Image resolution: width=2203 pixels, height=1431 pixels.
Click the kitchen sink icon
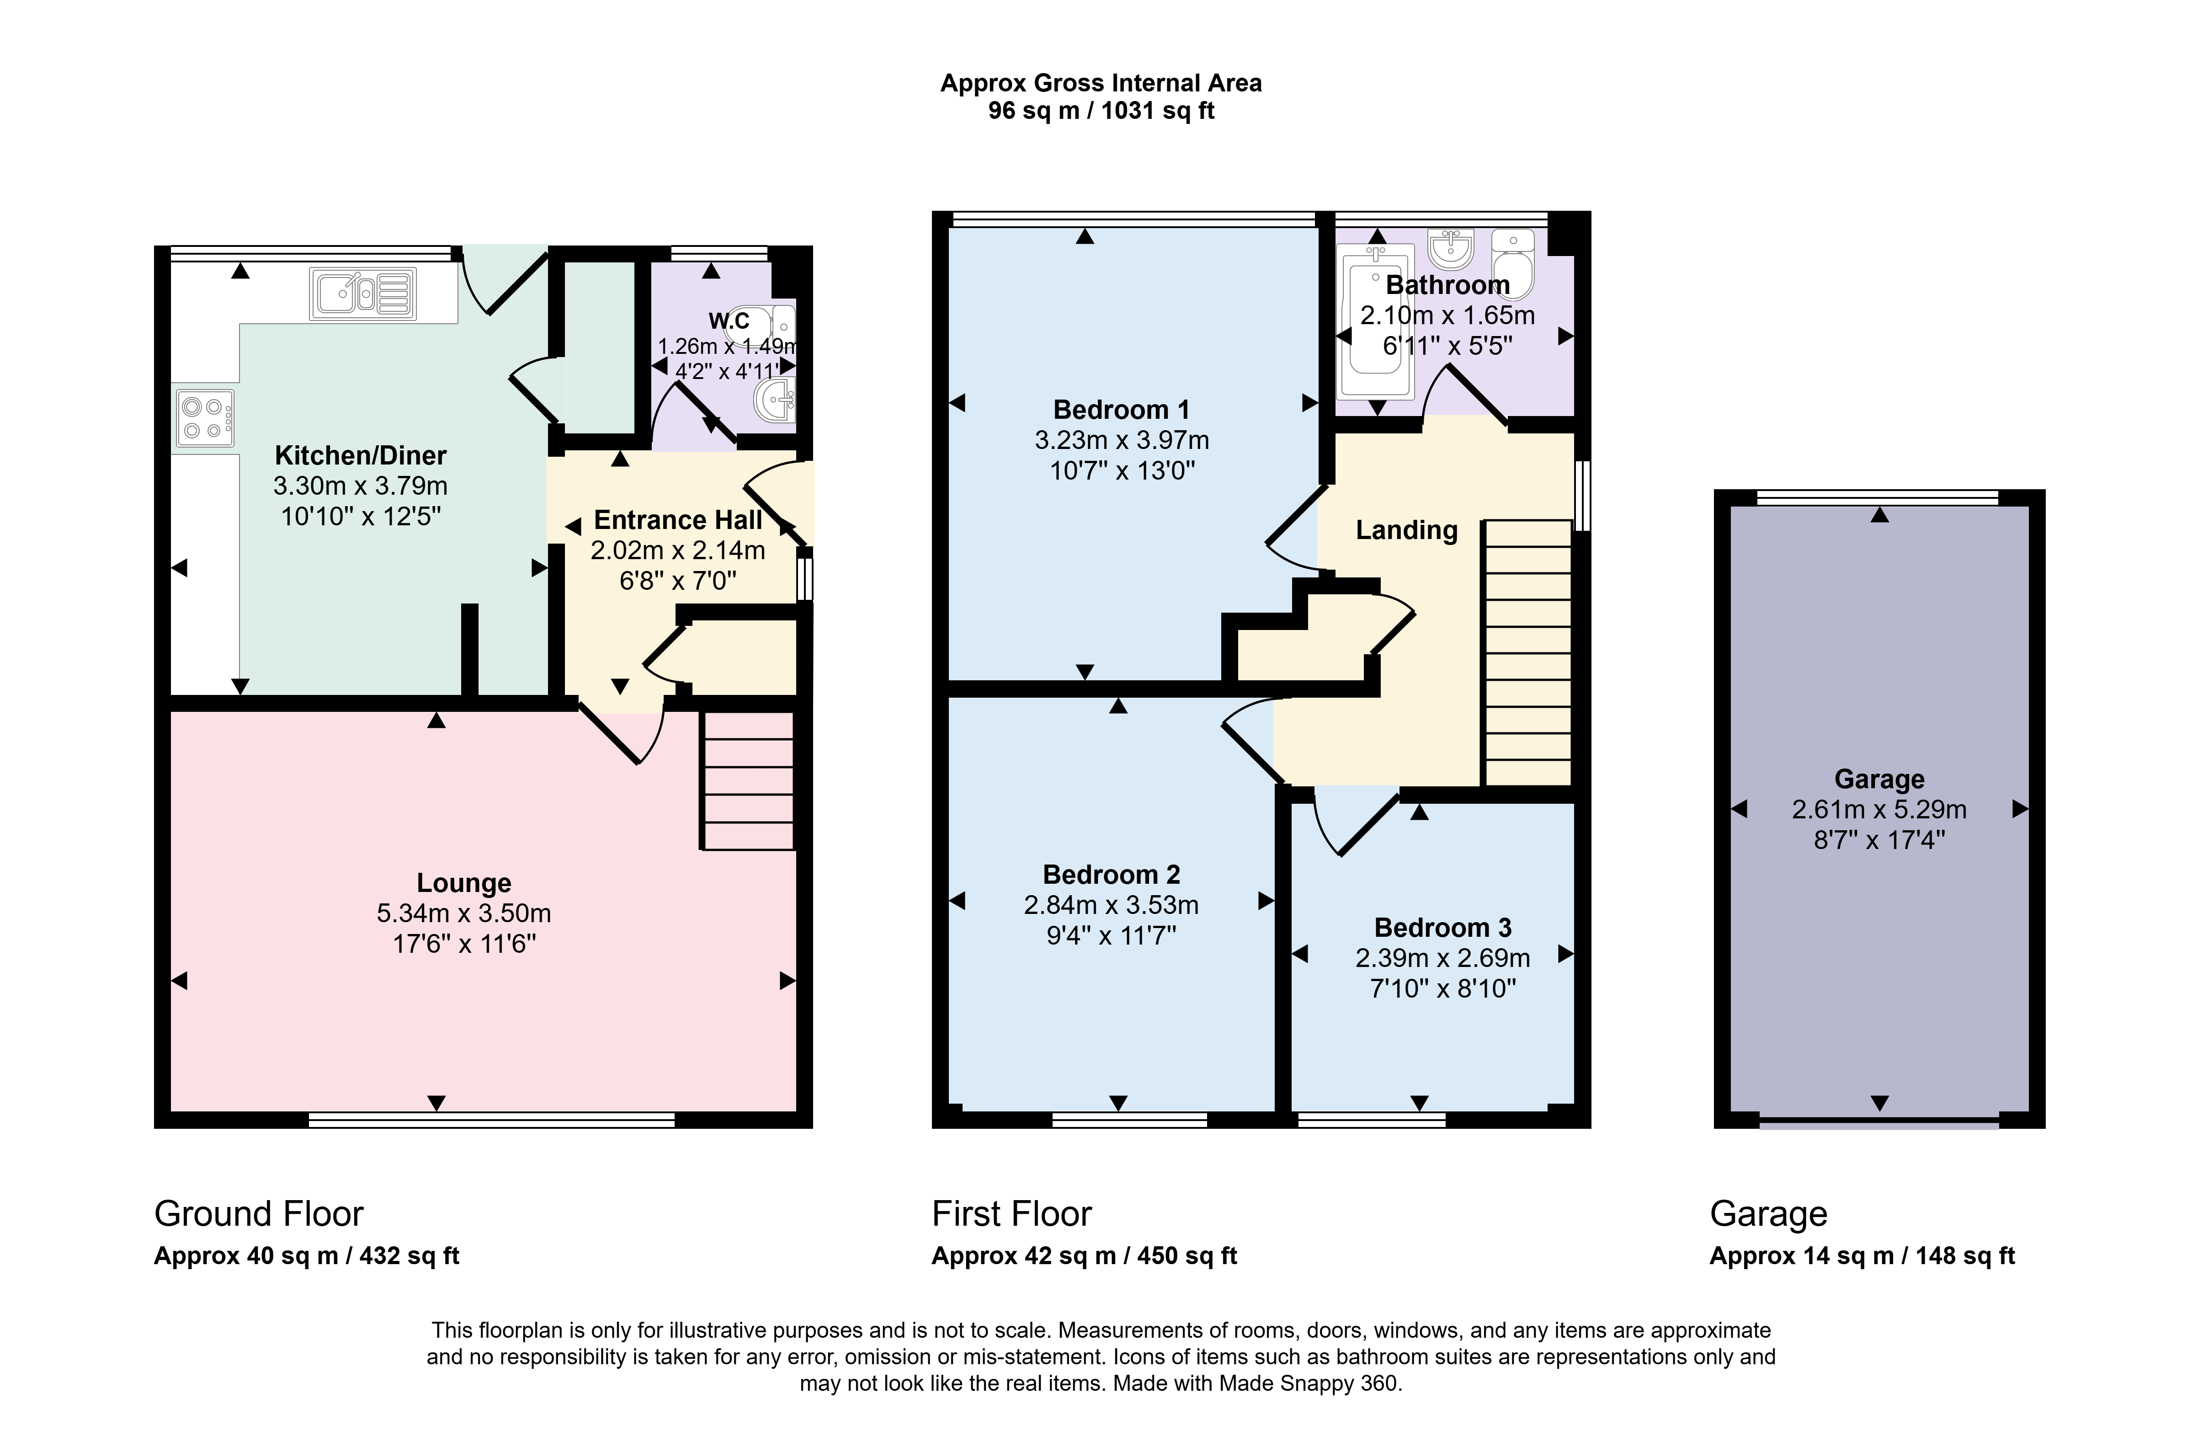tap(363, 294)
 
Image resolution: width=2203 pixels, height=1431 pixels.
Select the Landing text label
tap(1406, 530)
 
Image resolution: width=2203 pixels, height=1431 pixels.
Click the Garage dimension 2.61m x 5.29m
tap(1879, 810)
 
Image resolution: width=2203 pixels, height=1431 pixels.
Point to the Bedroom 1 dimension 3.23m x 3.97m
tap(1122, 441)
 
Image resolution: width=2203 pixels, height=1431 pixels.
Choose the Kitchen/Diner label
tap(361, 455)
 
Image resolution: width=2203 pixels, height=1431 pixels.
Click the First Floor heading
tap(1012, 1213)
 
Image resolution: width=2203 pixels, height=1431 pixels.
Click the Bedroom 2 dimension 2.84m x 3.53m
tap(1111, 905)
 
